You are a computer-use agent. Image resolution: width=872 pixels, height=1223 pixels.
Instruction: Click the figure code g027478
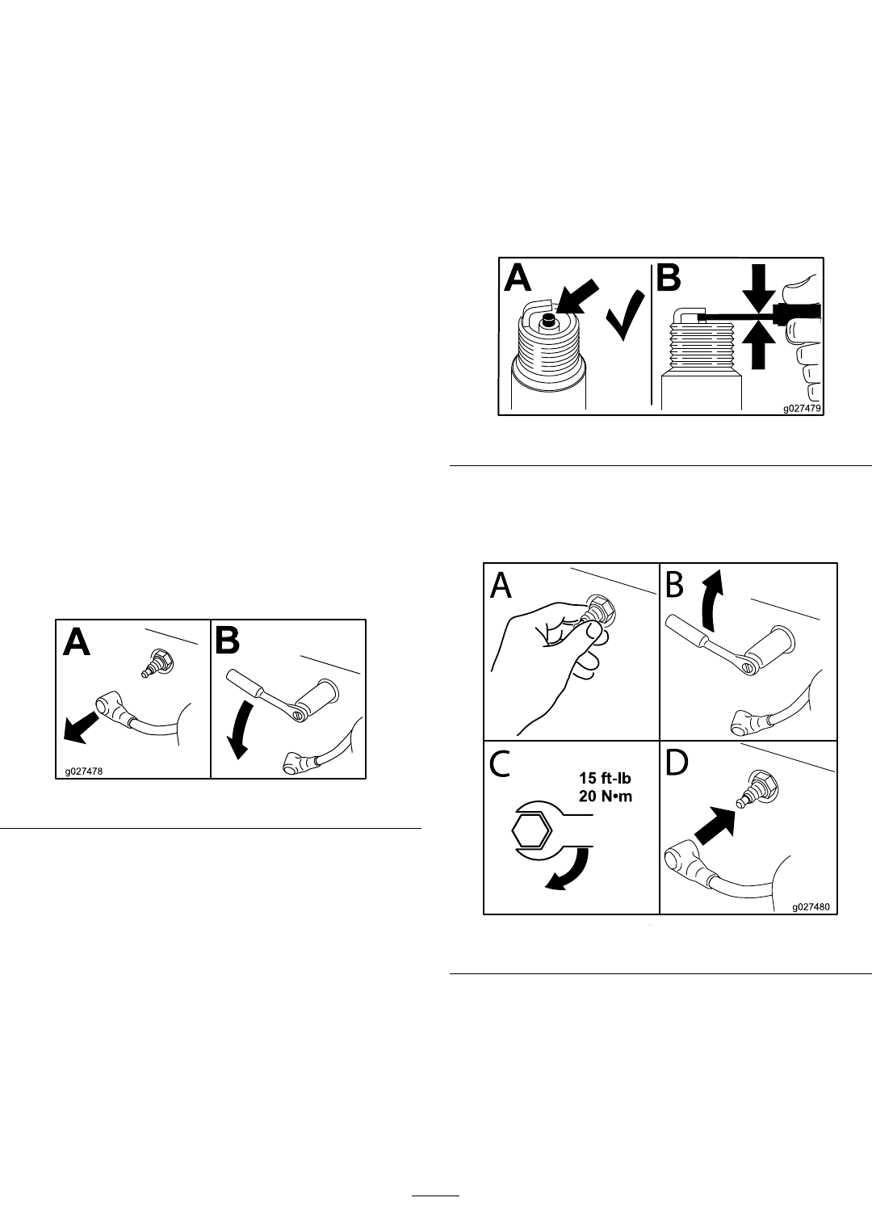tap(83, 771)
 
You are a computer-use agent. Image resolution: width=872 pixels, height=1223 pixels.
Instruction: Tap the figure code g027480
tap(811, 907)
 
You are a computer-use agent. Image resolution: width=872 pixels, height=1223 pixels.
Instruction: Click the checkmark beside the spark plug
tap(623, 316)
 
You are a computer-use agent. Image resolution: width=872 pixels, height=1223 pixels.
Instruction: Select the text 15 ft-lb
tap(606, 778)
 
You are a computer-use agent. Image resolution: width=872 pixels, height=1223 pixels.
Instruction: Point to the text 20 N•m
tap(606, 796)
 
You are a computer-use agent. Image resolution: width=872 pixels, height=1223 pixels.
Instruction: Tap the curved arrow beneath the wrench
tap(568, 868)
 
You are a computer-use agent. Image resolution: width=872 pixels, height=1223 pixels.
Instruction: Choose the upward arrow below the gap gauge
tap(759, 344)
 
